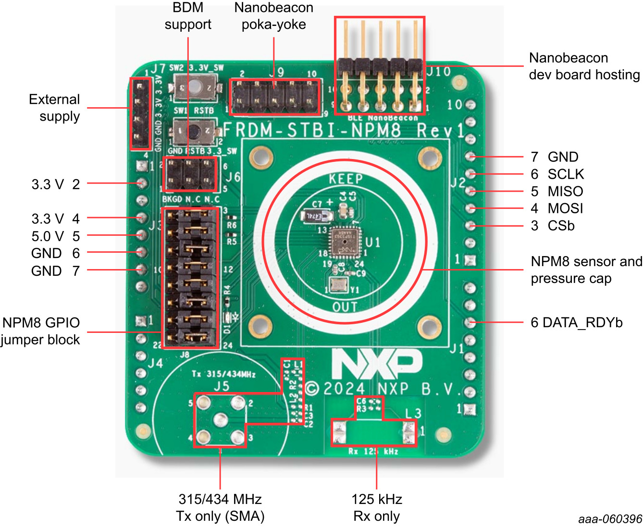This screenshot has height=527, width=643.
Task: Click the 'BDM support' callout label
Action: [188, 16]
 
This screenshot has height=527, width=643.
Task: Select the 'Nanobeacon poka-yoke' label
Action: [273, 16]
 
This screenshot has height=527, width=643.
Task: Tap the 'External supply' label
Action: [54, 108]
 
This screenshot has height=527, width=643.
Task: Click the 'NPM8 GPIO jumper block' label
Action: [40, 331]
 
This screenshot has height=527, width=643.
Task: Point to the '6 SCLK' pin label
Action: [557, 174]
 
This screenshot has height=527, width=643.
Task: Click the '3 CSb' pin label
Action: [552, 226]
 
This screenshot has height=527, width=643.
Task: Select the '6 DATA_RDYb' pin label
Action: [576, 322]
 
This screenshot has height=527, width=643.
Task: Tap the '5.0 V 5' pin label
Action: [55, 236]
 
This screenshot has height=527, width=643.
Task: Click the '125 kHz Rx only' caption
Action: [376, 507]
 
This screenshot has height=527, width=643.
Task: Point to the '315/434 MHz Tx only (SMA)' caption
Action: [220, 507]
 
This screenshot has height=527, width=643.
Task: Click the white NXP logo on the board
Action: [377, 364]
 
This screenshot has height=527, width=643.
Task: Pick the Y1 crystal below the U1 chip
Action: [339, 285]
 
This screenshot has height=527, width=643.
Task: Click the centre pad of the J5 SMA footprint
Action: [220, 419]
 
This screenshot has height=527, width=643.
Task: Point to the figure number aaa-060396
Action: [610, 519]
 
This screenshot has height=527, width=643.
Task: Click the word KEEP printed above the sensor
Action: [346, 179]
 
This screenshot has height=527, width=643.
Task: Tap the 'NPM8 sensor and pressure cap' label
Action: [586, 270]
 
